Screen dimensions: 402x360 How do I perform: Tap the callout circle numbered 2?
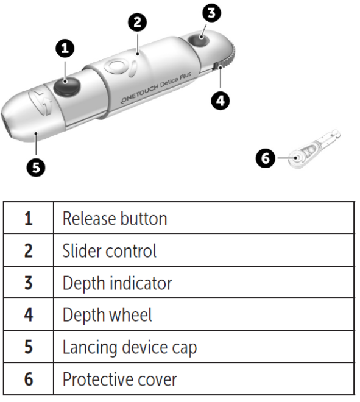click(138, 23)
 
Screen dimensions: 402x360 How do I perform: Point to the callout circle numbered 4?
click(221, 99)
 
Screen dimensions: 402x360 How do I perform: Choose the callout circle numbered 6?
click(265, 158)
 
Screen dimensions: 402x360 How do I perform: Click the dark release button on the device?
click(65, 86)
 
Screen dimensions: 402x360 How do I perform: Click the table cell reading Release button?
click(115, 218)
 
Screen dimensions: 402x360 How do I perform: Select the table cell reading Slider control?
click(110, 250)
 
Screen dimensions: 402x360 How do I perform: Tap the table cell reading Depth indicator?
click(117, 283)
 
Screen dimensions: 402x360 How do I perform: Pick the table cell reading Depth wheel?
click(107, 315)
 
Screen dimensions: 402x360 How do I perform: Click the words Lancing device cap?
click(130, 347)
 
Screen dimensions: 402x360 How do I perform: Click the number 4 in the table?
click(29, 315)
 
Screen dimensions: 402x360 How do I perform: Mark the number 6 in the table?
click(29, 379)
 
